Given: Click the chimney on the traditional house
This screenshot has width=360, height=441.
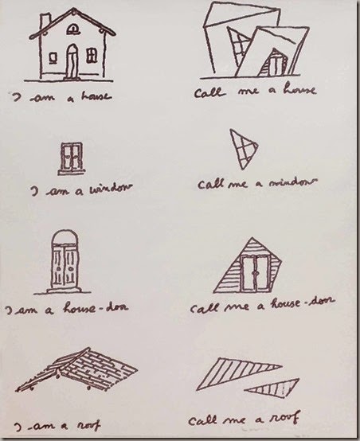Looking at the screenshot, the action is click(x=45, y=21).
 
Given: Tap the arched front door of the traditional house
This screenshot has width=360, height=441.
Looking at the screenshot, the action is click(x=72, y=61).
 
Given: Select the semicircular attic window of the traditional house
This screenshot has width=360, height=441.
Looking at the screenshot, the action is click(x=73, y=29).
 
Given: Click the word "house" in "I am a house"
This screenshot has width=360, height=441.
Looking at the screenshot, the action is click(x=96, y=96).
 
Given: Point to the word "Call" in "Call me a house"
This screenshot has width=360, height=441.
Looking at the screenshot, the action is click(x=209, y=92).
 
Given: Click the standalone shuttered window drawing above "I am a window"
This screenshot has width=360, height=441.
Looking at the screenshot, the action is click(x=72, y=158).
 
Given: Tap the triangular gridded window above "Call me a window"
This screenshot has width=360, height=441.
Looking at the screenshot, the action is click(x=243, y=149).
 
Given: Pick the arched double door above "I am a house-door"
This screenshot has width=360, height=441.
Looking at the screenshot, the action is click(x=65, y=262).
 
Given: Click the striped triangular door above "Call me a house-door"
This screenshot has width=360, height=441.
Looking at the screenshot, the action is click(x=248, y=266).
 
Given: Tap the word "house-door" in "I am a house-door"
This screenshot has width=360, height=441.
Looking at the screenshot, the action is click(x=96, y=308).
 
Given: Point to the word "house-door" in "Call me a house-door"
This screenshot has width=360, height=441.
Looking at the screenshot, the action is click(x=303, y=302).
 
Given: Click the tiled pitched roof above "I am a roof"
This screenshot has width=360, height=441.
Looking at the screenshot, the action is click(x=76, y=369).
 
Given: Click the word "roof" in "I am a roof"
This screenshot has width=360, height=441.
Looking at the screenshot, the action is click(x=89, y=426).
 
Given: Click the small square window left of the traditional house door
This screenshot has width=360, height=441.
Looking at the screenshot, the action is click(x=53, y=58).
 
